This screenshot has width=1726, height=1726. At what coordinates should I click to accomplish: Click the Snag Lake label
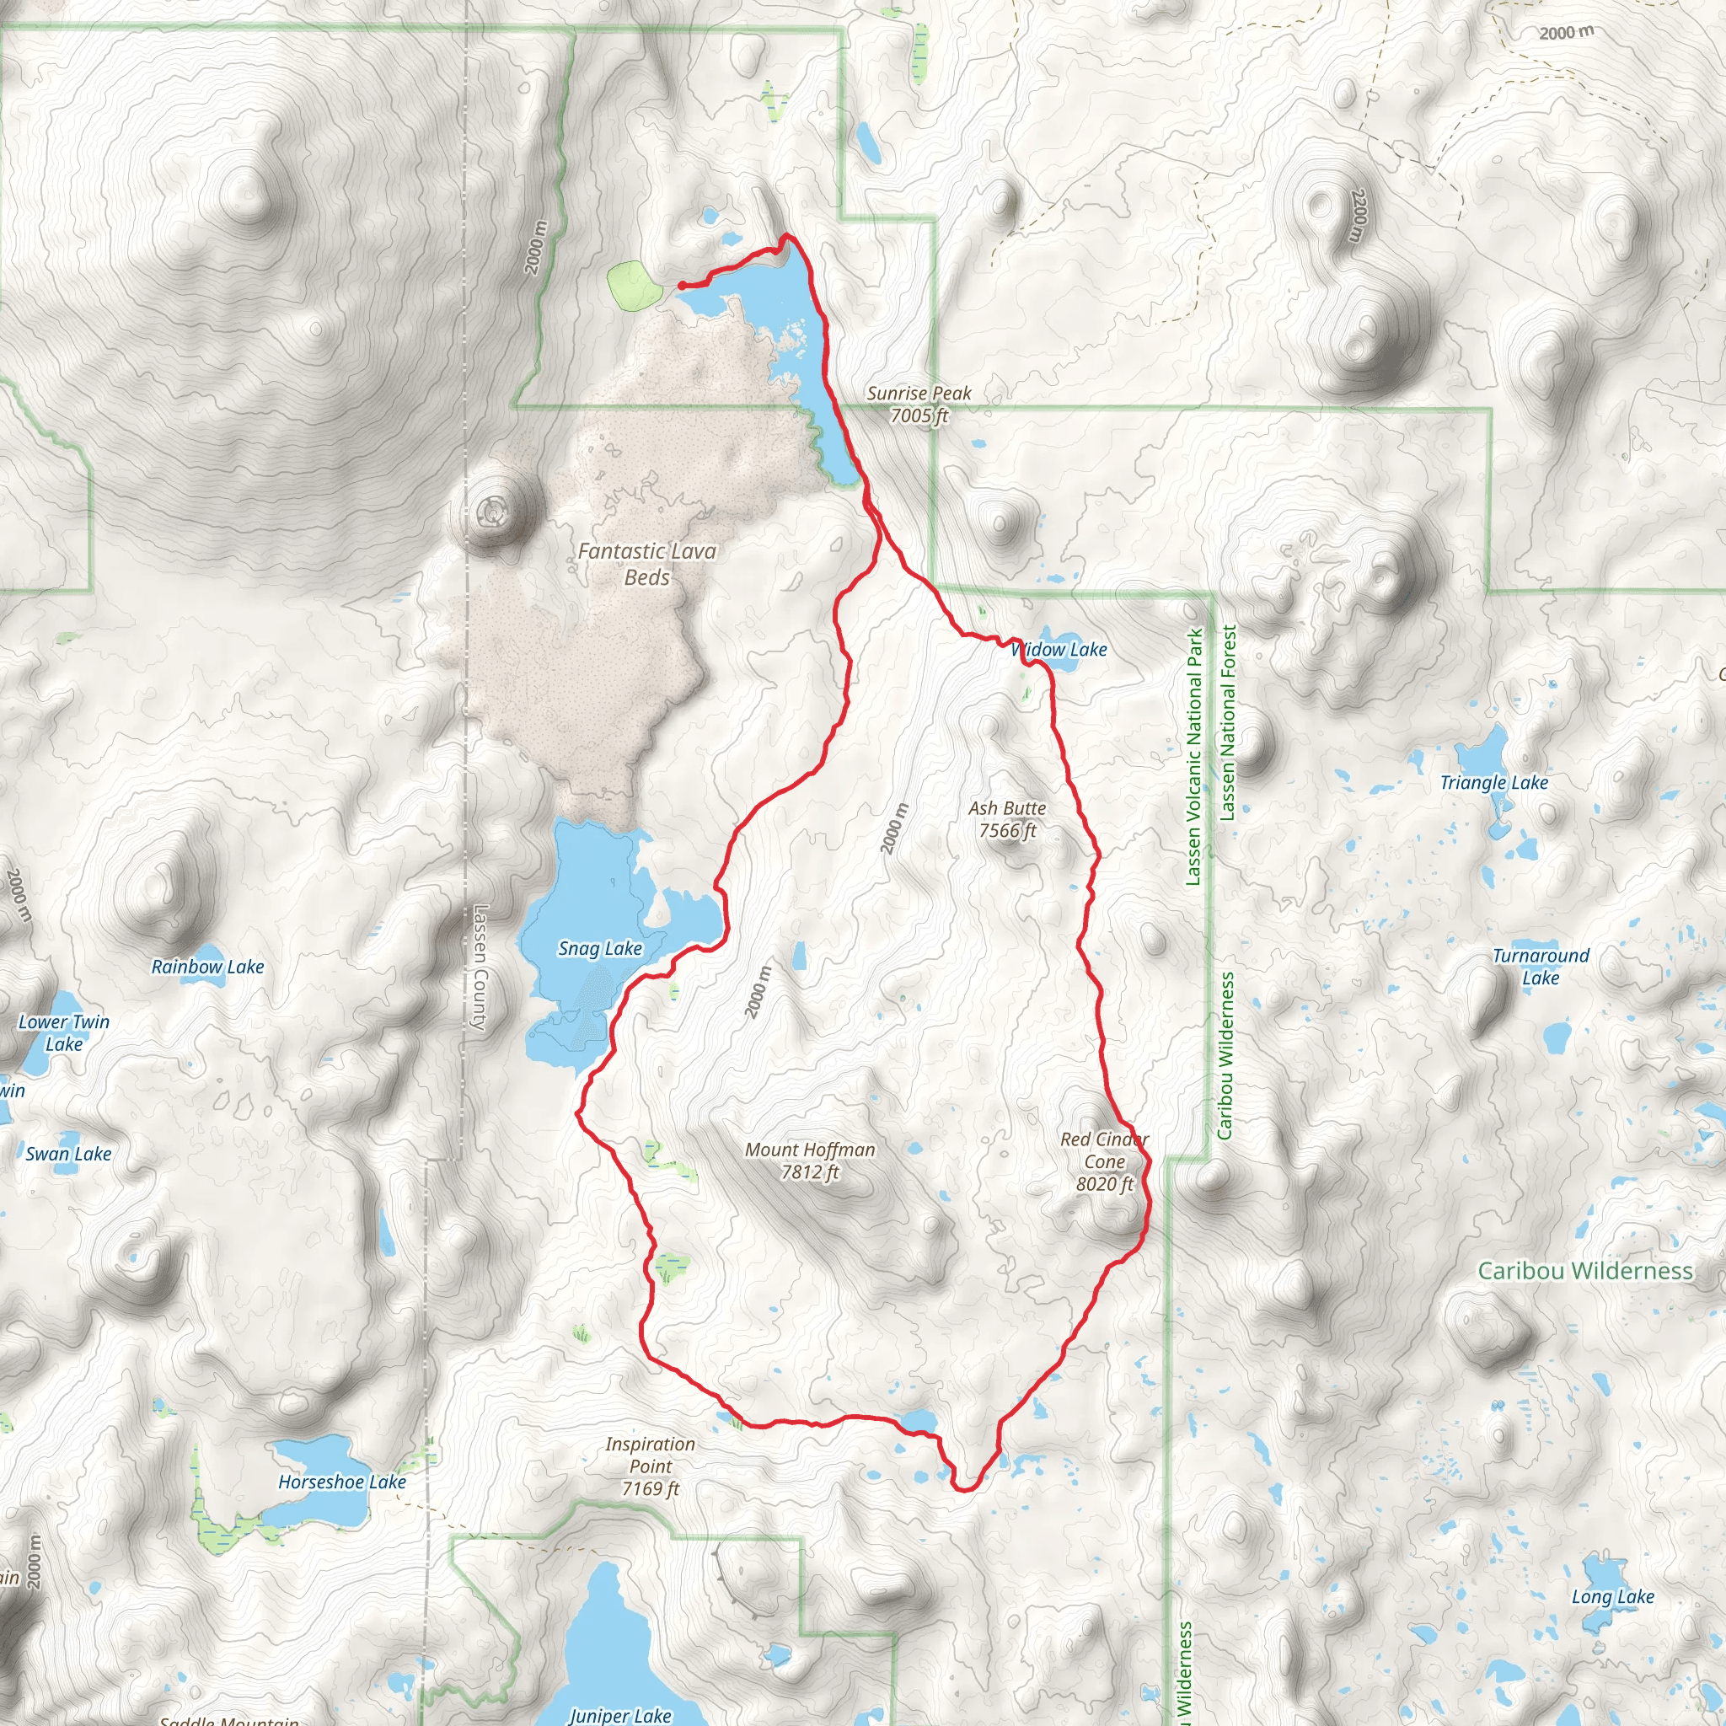pos(599,949)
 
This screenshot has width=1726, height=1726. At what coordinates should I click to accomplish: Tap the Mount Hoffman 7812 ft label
pos(809,1160)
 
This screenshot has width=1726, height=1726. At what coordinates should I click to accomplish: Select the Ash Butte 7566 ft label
pos(1007,819)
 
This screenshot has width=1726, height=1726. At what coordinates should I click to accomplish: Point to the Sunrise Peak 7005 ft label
pos(919,404)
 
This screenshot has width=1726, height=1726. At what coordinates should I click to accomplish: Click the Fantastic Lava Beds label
pos(646,564)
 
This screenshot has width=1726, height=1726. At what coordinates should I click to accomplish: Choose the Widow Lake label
pos(1059,650)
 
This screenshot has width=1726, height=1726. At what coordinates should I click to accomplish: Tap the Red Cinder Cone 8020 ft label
pos(1104,1161)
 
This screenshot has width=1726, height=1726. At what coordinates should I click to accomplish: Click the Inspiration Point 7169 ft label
pos(650,1466)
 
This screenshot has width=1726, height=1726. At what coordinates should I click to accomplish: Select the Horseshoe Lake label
pos(342,1482)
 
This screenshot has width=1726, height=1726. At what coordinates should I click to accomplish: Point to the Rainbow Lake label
pos(207,967)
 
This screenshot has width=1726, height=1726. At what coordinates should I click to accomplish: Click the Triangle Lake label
pos(1493,783)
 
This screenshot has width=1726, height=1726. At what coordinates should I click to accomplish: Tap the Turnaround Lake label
pos(1541,967)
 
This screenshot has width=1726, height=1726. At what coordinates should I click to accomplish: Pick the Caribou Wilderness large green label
pos(1585,1270)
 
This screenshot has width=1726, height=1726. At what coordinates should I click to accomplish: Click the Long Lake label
pos(1612,1596)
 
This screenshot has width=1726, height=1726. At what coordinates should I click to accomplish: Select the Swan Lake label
pos(69,1154)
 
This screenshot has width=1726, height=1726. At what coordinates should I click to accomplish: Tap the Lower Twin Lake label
pos(63,1032)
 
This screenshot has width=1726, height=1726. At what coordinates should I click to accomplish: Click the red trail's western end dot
pos(682,286)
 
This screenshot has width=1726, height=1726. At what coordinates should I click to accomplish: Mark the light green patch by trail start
pos(634,285)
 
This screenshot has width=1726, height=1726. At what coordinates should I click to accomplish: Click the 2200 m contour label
pos(1358,215)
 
